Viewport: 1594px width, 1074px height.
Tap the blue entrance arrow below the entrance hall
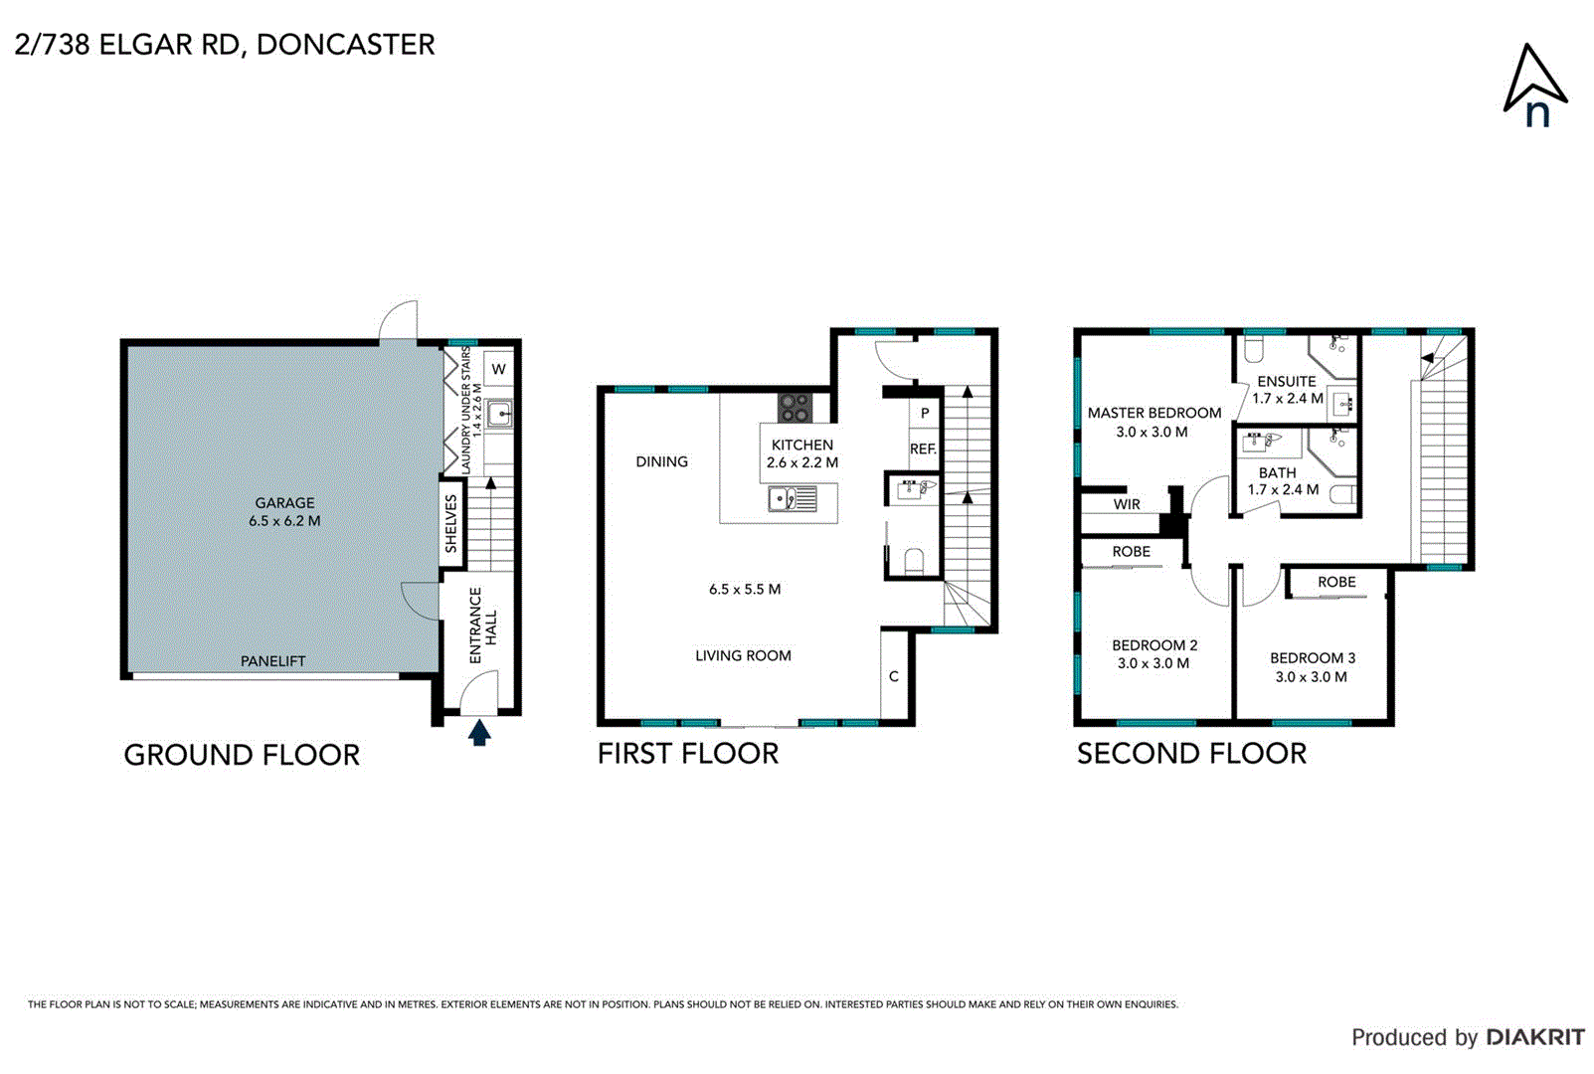(x=479, y=734)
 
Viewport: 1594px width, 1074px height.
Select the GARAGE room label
(x=284, y=503)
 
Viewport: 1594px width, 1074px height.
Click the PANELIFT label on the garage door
(x=272, y=661)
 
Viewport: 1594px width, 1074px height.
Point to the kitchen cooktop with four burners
(x=795, y=408)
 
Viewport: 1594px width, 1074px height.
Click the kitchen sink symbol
(x=792, y=498)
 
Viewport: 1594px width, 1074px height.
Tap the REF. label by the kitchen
(x=923, y=449)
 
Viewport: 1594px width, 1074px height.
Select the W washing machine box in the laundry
(x=498, y=369)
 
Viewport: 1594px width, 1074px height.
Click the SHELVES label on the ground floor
(x=451, y=524)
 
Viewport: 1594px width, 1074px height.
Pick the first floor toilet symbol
(x=914, y=562)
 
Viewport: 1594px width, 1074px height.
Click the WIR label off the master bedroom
(x=1127, y=504)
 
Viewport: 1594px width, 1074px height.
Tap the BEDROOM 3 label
(x=1312, y=658)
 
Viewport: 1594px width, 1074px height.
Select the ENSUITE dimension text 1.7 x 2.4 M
(x=1287, y=399)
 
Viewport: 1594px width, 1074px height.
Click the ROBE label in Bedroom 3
(x=1336, y=582)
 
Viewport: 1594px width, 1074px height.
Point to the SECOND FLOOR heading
(x=1191, y=754)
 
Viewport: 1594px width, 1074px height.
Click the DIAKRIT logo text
(x=1535, y=1037)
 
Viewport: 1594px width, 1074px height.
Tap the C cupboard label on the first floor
(x=893, y=676)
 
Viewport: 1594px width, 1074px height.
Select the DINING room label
(x=661, y=461)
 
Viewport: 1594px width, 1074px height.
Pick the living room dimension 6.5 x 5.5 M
(x=744, y=590)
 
